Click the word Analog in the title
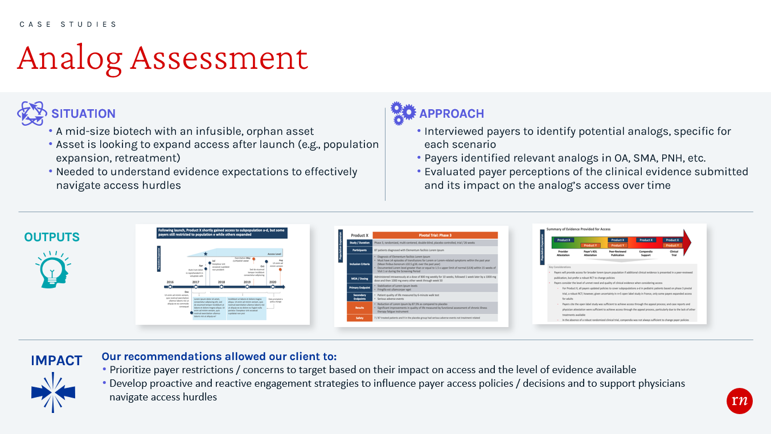tap(70, 58)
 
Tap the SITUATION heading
tap(83, 113)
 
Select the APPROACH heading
tap(452, 113)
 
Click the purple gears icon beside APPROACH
tap(403, 114)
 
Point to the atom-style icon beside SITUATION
tap(32, 113)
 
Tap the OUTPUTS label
tap(52, 237)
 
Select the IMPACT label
tap(56, 361)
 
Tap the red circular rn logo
tap(740, 401)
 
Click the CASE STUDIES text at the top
tap(68, 24)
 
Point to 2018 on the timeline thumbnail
tap(221, 282)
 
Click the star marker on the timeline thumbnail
tap(206, 254)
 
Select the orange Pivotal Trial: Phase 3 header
tap(435, 235)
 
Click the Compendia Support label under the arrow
tap(645, 254)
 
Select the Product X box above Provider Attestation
tap(563, 240)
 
